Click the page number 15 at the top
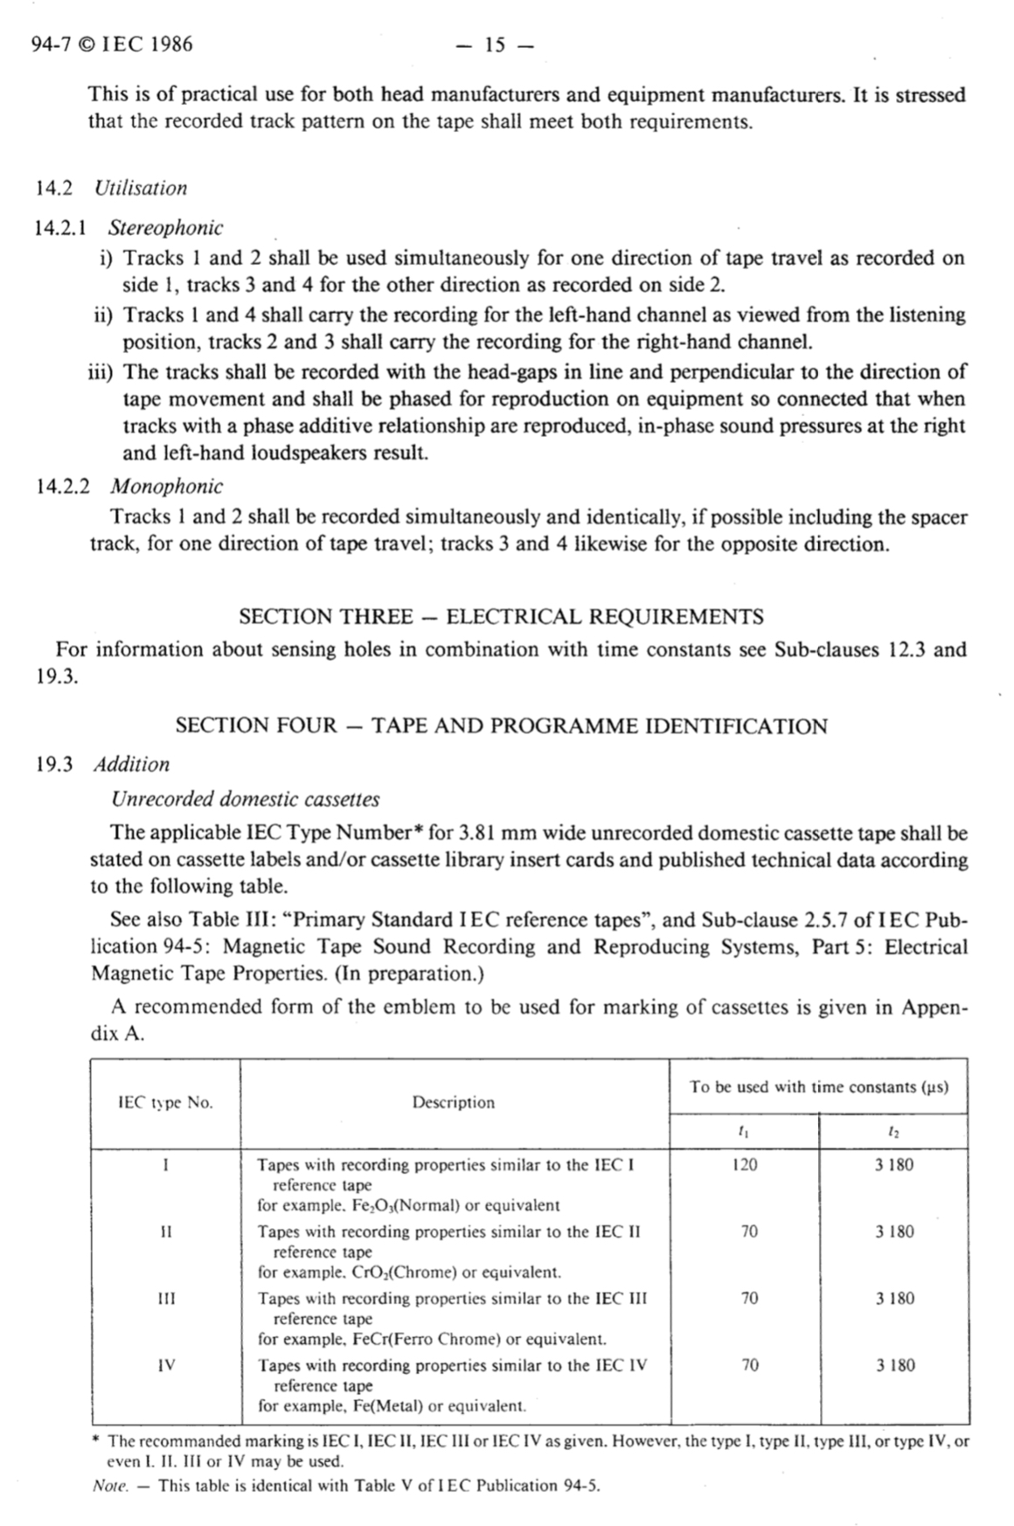pos(495,45)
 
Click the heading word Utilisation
pos(141,188)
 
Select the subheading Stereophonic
pos(165,228)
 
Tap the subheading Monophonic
pos(166,486)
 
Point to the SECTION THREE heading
pos(501,617)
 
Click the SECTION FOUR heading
pos(501,726)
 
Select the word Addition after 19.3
pos(132,765)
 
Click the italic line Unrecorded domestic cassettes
pos(245,799)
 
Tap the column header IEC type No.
pos(165,1103)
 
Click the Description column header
pos(454,1103)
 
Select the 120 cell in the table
pos(745,1165)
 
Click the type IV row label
pos(166,1365)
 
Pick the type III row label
pos(166,1299)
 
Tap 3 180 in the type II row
pos(894,1232)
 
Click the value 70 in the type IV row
pos(749,1365)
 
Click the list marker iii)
pos(100,372)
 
